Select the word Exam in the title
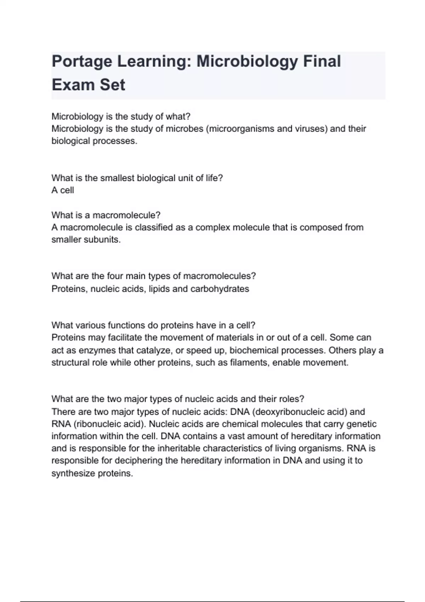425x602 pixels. coord(70,85)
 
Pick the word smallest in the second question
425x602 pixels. coord(117,178)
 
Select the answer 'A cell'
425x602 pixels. coord(63,190)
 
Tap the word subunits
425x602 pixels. coord(105,239)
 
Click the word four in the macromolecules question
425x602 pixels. coord(115,276)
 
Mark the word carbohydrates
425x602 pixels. coord(220,289)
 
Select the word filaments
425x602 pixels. coord(249,363)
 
